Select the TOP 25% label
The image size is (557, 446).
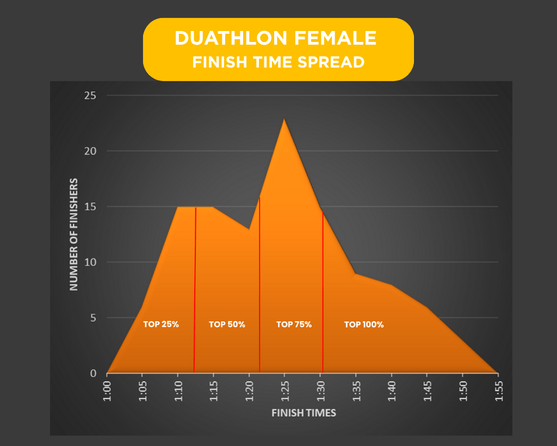tap(161, 324)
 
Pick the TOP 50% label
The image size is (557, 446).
tap(227, 324)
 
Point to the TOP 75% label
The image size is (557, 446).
tap(294, 324)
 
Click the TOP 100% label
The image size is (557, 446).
tap(364, 324)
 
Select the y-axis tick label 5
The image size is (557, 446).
tap(92, 318)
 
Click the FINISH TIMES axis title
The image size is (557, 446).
tap(304, 413)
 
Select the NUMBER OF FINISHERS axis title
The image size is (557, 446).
tap(74, 234)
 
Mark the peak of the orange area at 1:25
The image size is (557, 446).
tap(284, 119)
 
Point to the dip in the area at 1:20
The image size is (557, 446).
tap(249, 229)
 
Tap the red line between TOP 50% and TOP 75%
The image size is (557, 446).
tap(259, 283)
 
